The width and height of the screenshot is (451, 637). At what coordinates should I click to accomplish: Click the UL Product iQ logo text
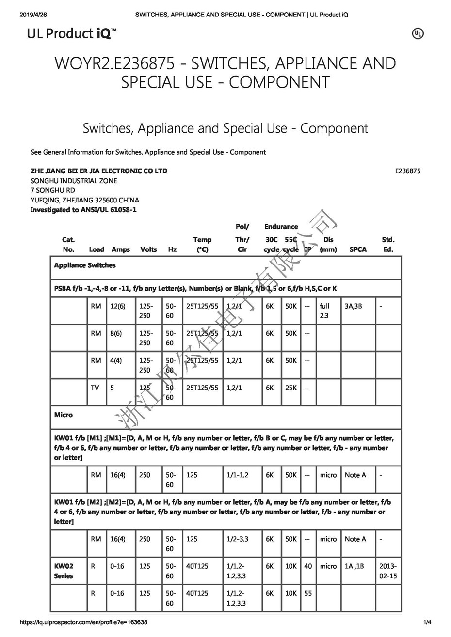coord(71,33)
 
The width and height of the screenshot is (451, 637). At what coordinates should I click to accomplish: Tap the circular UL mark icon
coord(418,33)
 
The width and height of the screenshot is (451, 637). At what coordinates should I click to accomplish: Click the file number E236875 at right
coord(407,171)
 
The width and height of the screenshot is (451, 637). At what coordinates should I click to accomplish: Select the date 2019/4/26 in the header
coord(32,15)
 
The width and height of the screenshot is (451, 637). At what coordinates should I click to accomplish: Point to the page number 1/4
coord(427,622)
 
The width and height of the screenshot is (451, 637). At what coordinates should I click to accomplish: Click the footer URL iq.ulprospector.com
coord(83,622)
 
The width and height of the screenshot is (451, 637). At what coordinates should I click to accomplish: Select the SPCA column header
coord(358,249)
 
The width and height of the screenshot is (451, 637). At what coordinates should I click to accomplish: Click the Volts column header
coord(148,249)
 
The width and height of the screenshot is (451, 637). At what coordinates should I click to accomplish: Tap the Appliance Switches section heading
coord(85,265)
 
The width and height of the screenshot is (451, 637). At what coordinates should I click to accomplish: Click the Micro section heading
coord(64,415)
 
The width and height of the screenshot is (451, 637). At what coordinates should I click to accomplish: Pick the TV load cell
coord(95,388)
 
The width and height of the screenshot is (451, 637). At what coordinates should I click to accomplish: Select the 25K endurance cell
coord(291,388)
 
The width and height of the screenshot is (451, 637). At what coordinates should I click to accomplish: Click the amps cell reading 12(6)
coord(118,306)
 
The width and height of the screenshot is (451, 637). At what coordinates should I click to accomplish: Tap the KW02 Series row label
coord(64,571)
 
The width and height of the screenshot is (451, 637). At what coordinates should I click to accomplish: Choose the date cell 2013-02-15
coord(388,571)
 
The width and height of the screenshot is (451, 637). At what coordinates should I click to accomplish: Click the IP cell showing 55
coord(308,593)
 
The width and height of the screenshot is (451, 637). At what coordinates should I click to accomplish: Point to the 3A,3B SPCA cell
coord(353,306)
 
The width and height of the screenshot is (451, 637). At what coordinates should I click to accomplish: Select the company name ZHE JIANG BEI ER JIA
coord(99,171)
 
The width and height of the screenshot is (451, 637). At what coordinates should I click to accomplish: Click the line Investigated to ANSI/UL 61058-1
coord(83,210)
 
